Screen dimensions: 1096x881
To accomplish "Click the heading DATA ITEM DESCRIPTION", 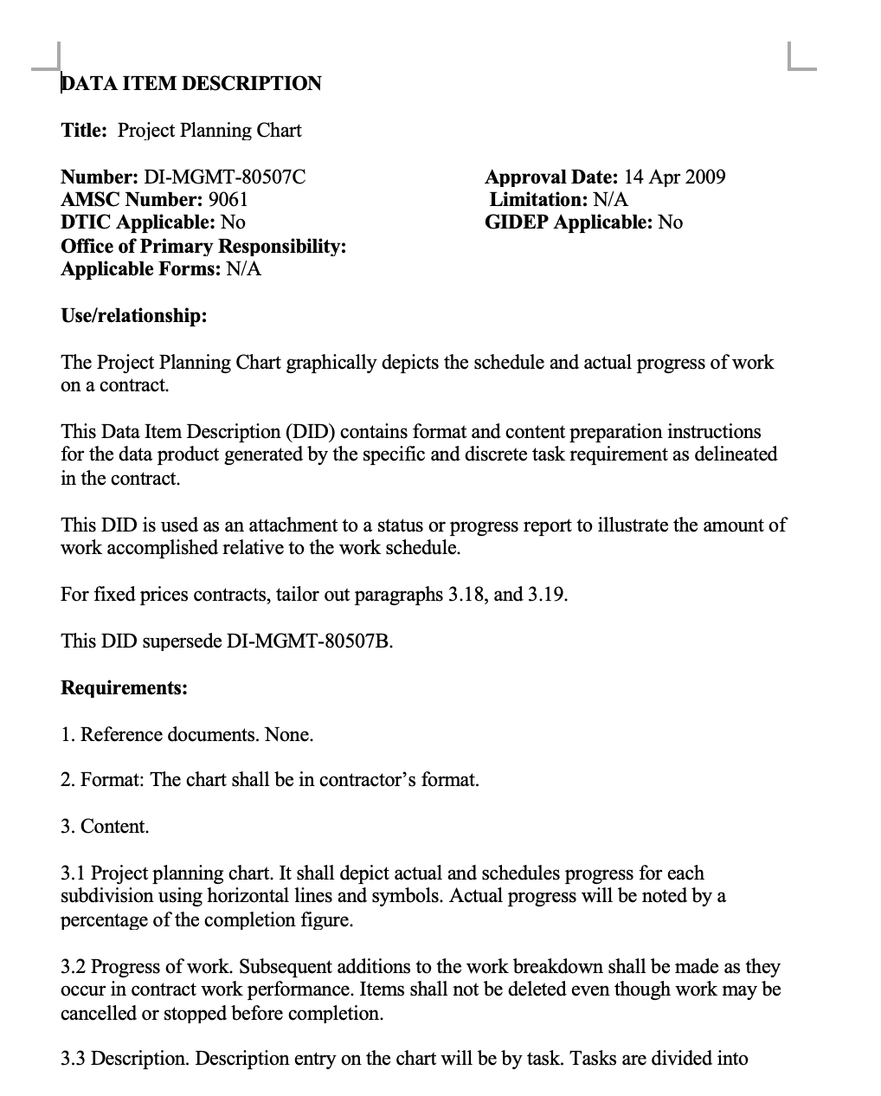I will pyautogui.click(x=191, y=84).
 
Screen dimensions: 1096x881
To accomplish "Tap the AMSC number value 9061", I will pyautogui.click(x=228, y=200).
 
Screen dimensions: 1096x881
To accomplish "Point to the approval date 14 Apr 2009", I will pyautogui.click(x=674, y=177).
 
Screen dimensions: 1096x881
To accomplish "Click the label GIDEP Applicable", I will pyautogui.click(x=568, y=222).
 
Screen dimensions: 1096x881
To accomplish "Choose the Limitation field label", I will pyautogui.click(x=538, y=200).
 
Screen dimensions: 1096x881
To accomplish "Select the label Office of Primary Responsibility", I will pyautogui.click(x=203, y=247).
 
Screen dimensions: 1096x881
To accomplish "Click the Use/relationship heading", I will pyautogui.click(x=134, y=316).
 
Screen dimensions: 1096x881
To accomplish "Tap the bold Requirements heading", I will pyautogui.click(x=124, y=688).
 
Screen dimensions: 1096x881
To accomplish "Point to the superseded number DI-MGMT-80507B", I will pyautogui.click(x=310, y=641).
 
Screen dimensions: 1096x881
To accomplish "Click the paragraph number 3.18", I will pyautogui.click(x=468, y=595).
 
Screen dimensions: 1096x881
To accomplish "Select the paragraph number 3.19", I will pyautogui.click(x=547, y=595).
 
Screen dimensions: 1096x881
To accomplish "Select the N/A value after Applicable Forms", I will pyautogui.click(x=243, y=269).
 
